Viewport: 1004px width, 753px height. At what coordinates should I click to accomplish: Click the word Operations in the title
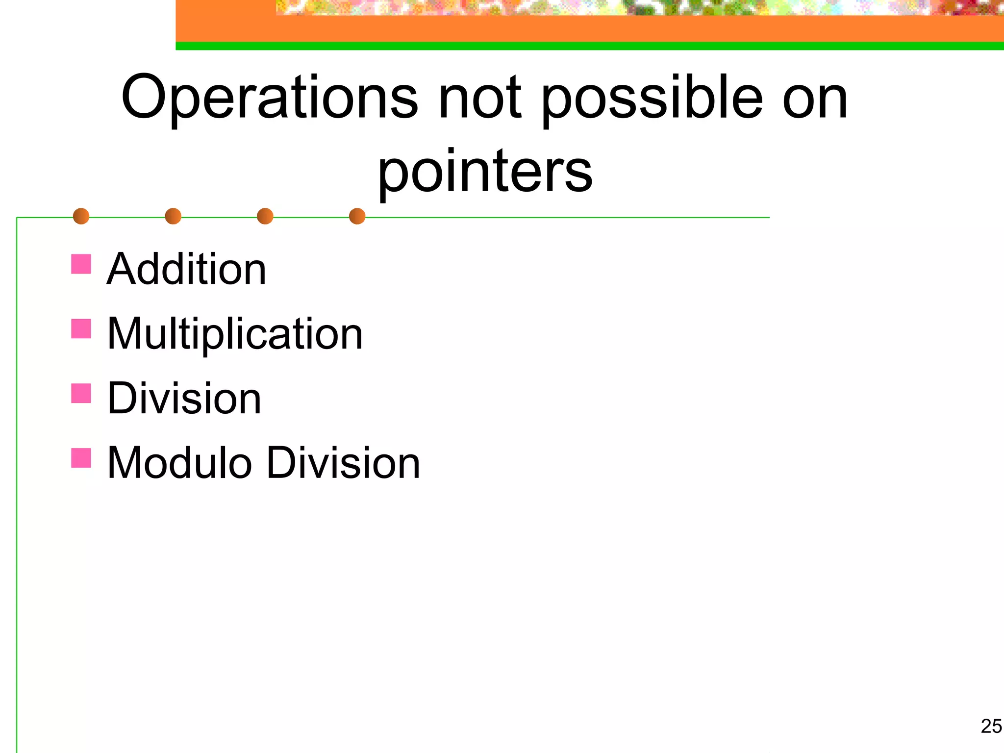[x=269, y=98]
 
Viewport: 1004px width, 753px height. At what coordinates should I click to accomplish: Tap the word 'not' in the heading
[x=480, y=98]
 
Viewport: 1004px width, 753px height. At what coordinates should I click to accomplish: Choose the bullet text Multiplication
[x=235, y=334]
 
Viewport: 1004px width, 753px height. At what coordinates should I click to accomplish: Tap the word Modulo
[x=179, y=463]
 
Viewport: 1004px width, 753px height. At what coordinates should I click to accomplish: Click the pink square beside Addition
[x=81, y=264]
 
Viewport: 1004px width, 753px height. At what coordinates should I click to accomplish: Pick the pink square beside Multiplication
[x=81, y=328]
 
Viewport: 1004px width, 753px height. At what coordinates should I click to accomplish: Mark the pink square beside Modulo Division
[x=81, y=458]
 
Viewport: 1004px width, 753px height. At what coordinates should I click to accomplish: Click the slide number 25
[x=991, y=726]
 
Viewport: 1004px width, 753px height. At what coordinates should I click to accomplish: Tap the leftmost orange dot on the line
[x=81, y=216]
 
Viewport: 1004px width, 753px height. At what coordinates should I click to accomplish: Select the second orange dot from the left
[x=173, y=216]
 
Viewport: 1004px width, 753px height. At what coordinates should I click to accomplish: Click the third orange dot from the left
[x=265, y=216]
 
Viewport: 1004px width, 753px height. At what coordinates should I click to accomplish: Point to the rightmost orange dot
[x=357, y=216]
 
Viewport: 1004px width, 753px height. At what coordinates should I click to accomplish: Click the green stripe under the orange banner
[x=588, y=46]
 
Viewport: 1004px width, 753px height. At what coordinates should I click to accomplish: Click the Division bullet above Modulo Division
[x=184, y=398]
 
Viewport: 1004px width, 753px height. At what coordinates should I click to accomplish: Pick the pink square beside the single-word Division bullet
[x=81, y=393]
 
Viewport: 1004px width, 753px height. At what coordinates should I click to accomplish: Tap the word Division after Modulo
[x=344, y=463]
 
